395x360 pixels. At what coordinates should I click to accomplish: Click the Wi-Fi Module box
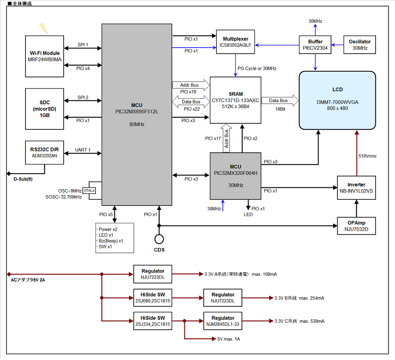(x=44, y=56)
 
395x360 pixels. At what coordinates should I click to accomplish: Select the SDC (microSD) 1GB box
(x=44, y=109)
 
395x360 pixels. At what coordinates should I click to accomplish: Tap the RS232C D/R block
(x=44, y=152)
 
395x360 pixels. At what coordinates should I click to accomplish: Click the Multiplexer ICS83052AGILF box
(x=235, y=42)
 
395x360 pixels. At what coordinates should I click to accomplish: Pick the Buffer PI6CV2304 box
(x=315, y=45)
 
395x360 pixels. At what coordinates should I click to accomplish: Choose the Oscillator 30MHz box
(x=360, y=45)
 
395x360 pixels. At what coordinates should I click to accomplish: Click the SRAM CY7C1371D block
(x=235, y=100)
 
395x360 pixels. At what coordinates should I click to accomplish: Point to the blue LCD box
(x=337, y=100)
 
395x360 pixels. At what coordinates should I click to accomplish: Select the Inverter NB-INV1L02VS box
(x=356, y=188)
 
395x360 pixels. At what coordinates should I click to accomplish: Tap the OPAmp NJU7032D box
(x=356, y=226)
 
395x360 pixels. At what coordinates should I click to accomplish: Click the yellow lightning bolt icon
(x=44, y=28)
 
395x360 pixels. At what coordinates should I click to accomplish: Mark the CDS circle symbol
(x=159, y=239)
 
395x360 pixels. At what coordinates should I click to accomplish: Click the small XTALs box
(x=89, y=190)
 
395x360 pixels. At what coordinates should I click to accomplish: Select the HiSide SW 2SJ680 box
(x=153, y=298)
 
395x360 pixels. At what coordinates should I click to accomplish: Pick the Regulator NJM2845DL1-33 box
(x=223, y=321)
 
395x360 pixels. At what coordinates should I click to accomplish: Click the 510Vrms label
(x=367, y=156)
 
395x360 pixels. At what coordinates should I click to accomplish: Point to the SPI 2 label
(x=83, y=97)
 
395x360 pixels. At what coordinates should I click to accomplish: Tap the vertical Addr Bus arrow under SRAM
(x=226, y=138)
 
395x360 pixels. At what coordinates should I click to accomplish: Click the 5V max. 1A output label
(x=228, y=339)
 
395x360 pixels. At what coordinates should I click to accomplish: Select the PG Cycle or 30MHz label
(x=257, y=68)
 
